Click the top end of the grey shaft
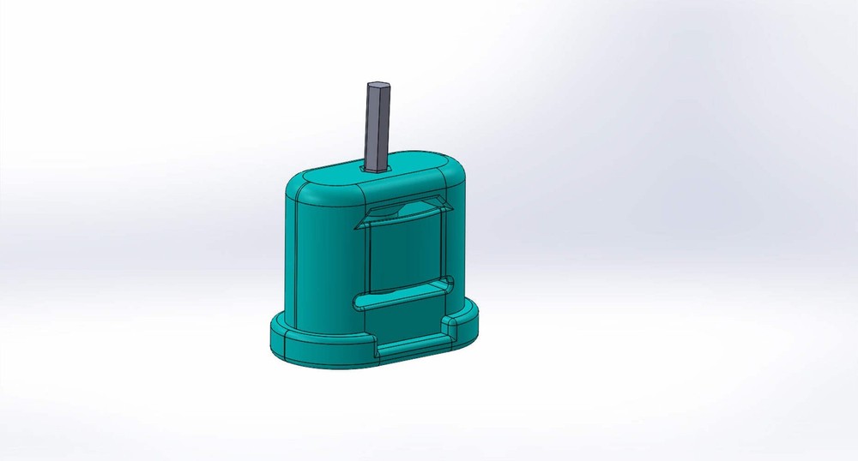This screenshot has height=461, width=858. (378, 85)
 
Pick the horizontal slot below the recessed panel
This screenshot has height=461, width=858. (402, 299)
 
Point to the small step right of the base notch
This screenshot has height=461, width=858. (449, 325)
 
